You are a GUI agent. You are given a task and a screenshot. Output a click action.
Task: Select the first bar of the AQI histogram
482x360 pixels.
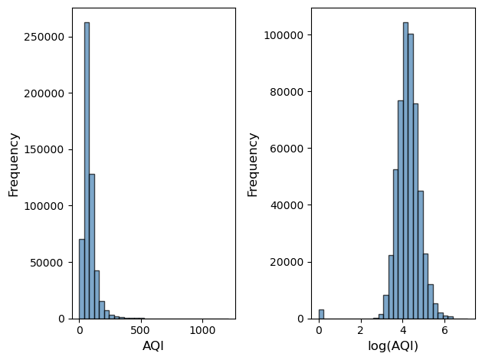[x=82, y=279]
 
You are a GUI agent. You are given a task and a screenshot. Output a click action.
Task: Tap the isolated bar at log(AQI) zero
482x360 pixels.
[x=321, y=314]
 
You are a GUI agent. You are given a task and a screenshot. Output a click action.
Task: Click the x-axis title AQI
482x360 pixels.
[x=153, y=345]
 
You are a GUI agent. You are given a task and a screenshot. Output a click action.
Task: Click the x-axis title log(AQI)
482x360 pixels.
[x=393, y=345]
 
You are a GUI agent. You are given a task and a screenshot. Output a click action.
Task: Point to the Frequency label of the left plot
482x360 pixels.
[x=13, y=164]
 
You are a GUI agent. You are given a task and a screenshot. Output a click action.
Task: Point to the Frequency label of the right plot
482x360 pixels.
[x=252, y=164]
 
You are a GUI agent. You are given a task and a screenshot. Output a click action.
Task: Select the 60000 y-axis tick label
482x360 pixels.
[x=288, y=149]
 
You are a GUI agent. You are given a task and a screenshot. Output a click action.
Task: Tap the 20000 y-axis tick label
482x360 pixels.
[x=288, y=262]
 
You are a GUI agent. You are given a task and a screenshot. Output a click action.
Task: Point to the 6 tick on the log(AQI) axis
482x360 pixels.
[x=444, y=331]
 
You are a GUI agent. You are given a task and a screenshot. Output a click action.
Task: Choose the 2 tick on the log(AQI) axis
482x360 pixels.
[x=360, y=331]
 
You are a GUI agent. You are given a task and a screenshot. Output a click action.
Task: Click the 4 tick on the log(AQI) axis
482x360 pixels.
[x=402, y=331]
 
